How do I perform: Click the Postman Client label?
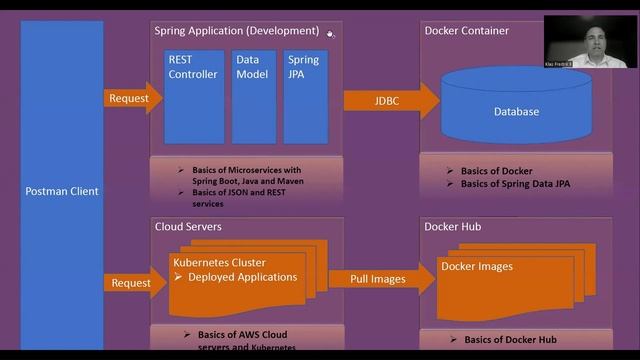[x=62, y=191]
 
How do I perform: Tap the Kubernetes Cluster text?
[x=220, y=264]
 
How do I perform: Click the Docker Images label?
[x=477, y=266]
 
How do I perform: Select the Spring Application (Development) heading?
[x=237, y=31]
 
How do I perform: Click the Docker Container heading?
[x=466, y=31]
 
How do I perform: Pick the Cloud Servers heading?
[x=188, y=227]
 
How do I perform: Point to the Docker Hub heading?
[x=452, y=227]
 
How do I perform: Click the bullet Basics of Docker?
[x=496, y=171]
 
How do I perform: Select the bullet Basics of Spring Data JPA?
[x=515, y=184]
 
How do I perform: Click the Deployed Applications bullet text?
[x=243, y=277]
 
